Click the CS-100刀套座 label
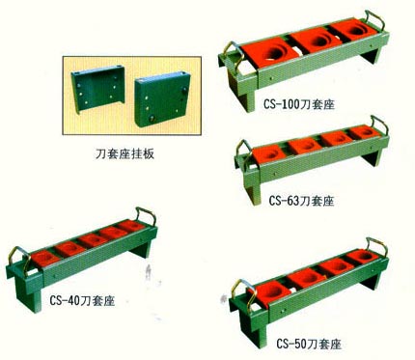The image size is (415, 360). pyautogui.click(x=299, y=104)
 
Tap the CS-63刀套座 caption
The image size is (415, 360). pyautogui.click(x=301, y=201)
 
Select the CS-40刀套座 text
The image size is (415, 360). pyautogui.click(x=82, y=301)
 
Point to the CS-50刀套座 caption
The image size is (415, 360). pyautogui.click(x=309, y=345)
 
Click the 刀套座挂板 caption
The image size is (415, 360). pyautogui.click(x=124, y=154)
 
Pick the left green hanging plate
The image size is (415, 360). pyautogui.click(x=97, y=89)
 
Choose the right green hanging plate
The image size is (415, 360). pyautogui.click(x=162, y=98)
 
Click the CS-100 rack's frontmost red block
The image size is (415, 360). pyautogui.click(x=271, y=53)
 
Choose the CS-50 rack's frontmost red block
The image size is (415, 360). pyautogui.click(x=269, y=292)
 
